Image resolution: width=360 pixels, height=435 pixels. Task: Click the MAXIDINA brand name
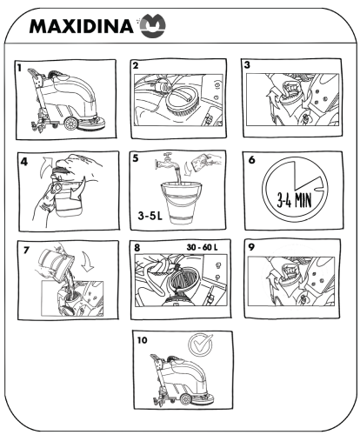click(81, 26)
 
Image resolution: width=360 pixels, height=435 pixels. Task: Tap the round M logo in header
click(153, 25)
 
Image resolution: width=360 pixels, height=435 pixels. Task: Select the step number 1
click(19, 68)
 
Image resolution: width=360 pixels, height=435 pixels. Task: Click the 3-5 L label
click(150, 216)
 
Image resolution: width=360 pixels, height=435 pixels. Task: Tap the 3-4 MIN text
click(294, 200)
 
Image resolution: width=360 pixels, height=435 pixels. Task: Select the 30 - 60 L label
click(202, 247)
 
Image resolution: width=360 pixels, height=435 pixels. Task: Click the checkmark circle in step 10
click(200, 345)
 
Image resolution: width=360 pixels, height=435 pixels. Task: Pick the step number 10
click(142, 340)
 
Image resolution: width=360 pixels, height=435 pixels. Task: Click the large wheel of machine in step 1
click(70, 124)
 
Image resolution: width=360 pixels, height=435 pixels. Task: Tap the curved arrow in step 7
click(88, 261)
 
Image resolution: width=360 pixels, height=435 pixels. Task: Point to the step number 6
click(252, 160)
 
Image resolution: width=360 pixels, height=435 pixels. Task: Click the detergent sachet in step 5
click(202, 160)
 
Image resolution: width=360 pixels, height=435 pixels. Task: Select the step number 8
click(137, 248)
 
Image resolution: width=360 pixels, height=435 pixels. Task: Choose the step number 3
click(247, 65)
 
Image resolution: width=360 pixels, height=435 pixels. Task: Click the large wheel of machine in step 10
click(185, 399)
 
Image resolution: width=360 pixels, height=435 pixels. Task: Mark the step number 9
click(251, 247)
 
